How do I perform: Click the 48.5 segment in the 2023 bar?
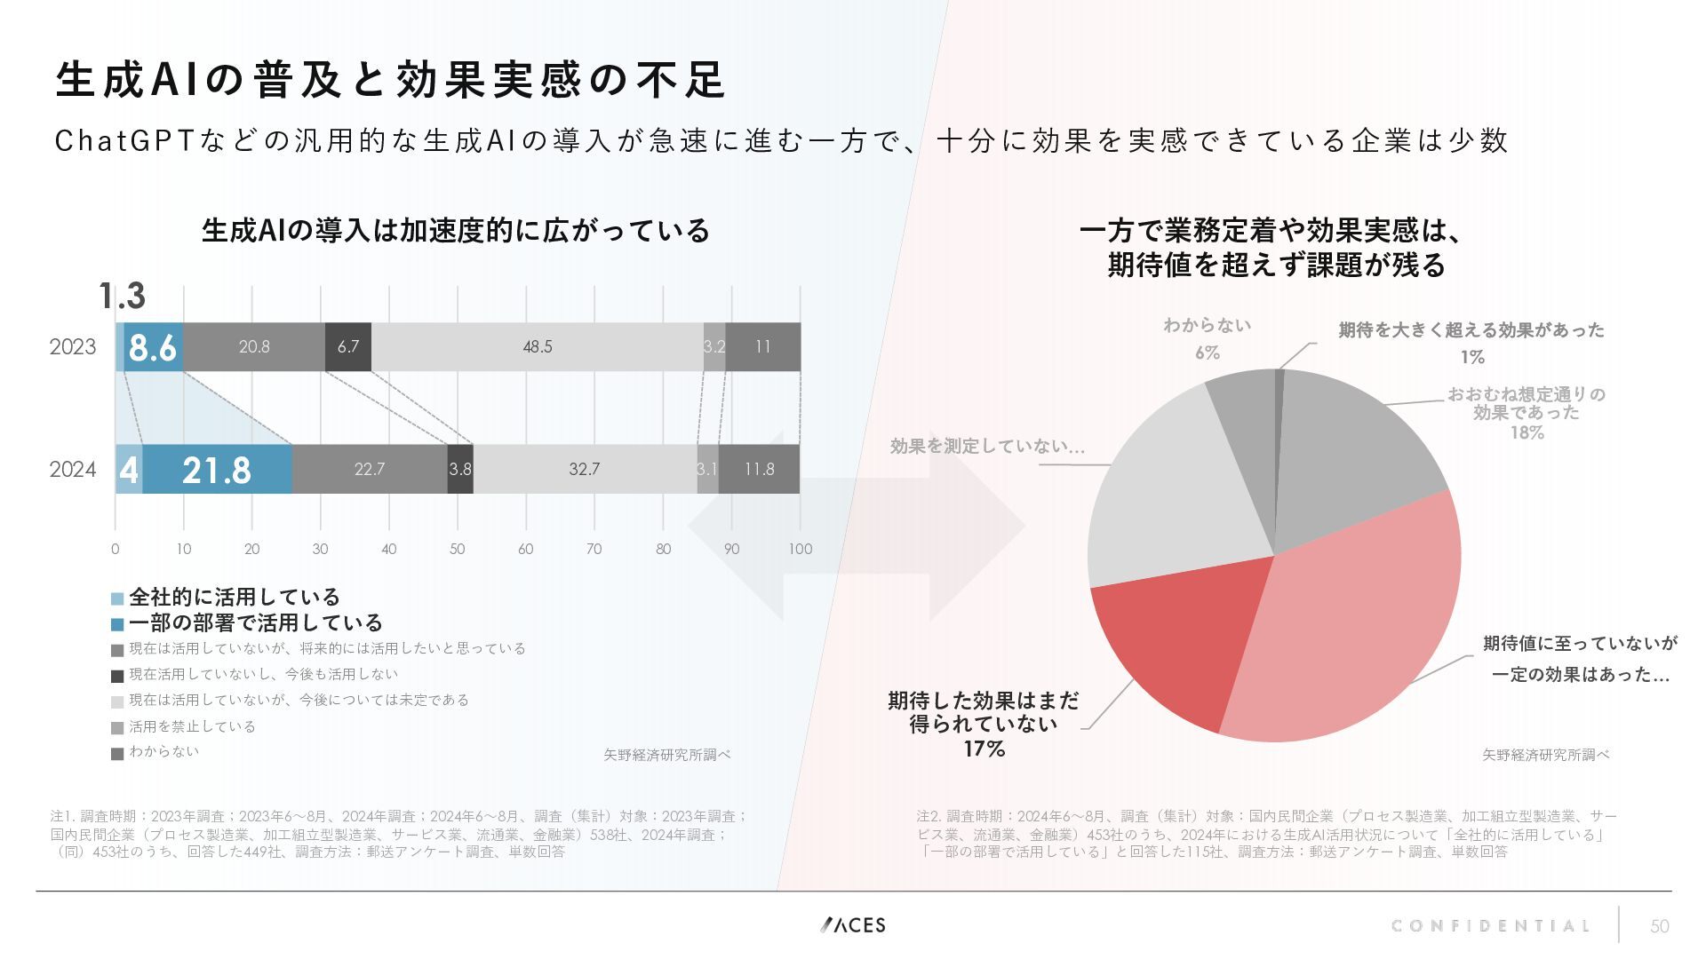point(537,346)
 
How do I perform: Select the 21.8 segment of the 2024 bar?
point(217,469)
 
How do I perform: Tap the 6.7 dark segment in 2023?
point(348,346)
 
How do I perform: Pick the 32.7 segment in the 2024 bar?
point(584,469)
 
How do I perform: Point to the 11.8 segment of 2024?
point(759,469)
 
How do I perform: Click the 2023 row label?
point(73,346)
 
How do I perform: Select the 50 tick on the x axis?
point(457,549)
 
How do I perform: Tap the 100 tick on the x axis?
point(800,549)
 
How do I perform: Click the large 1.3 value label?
point(122,296)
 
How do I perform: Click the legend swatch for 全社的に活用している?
point(117,598)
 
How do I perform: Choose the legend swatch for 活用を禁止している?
point(117,728)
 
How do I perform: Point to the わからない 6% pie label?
point(1207,338)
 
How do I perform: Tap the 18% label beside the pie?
point(1527,432)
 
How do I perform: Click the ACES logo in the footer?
point(853,925)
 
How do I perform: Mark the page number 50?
point(1659,927)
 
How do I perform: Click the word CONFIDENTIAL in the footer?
point(1490,926)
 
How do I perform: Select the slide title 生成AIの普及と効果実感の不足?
point(391,80)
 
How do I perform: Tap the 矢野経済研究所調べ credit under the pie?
point(1545,755)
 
